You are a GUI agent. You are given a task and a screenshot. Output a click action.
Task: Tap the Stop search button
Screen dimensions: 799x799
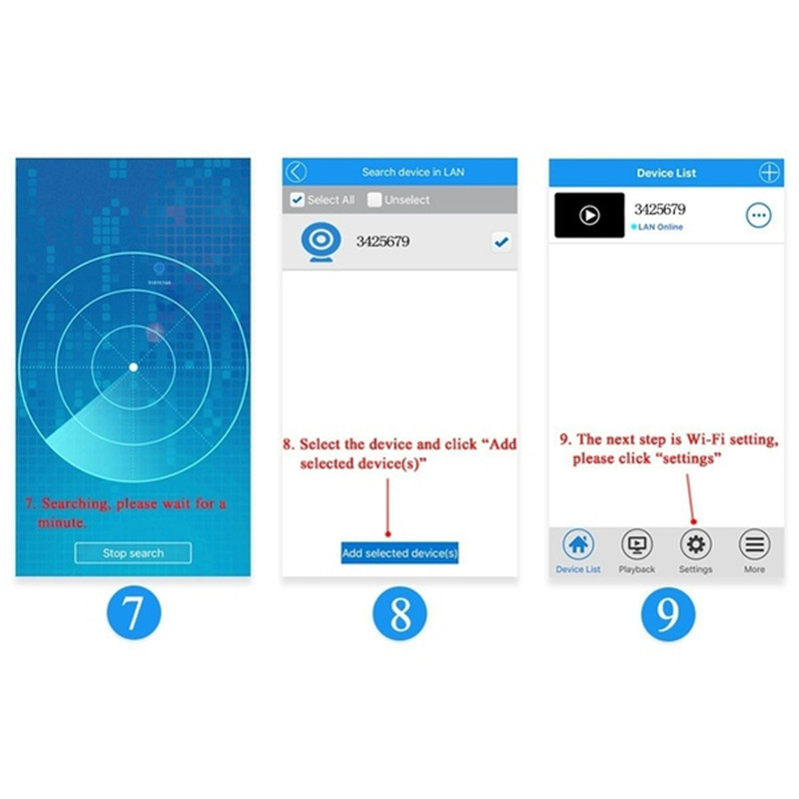coord(133,553)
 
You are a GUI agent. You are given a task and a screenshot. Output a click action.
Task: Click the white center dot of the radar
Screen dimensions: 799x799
coord(134,367)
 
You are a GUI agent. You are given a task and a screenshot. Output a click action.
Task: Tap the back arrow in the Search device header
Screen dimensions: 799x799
coord(296,172)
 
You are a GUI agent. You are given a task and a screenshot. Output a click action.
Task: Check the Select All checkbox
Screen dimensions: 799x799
coord(297,199)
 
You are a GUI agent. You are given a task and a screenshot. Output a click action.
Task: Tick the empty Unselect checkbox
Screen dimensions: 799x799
coord(374,199)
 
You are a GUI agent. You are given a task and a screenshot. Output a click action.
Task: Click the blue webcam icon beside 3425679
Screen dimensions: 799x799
coord(321,242)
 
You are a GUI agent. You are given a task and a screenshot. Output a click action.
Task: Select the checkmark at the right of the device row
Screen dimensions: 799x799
coord(501,242)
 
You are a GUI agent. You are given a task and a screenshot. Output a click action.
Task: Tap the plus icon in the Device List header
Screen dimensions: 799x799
coord(769,172)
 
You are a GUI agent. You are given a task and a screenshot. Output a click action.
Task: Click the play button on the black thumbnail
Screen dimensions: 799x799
coord(589,215)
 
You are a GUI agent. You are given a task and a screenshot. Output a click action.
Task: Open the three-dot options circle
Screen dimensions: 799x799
coord(759,215)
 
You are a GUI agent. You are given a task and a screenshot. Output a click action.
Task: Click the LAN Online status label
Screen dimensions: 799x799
coord(657,227)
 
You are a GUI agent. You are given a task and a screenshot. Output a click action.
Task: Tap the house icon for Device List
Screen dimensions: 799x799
coord(578,544)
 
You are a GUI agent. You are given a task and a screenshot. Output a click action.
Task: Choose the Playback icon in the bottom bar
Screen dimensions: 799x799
coord(637,544)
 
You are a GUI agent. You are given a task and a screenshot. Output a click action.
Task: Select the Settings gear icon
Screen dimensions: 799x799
coord(695,544)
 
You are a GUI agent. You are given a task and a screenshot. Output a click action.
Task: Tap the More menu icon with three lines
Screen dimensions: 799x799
coord(754,544)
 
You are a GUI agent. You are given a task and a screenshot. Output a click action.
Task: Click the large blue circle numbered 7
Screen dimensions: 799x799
coord(134,612)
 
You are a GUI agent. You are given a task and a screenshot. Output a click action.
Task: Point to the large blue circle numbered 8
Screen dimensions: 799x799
coord(400,613)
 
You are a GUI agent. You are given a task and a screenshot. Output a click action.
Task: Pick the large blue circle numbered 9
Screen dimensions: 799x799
coord(668,613)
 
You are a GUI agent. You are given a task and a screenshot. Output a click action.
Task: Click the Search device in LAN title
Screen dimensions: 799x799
coord(413,172)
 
